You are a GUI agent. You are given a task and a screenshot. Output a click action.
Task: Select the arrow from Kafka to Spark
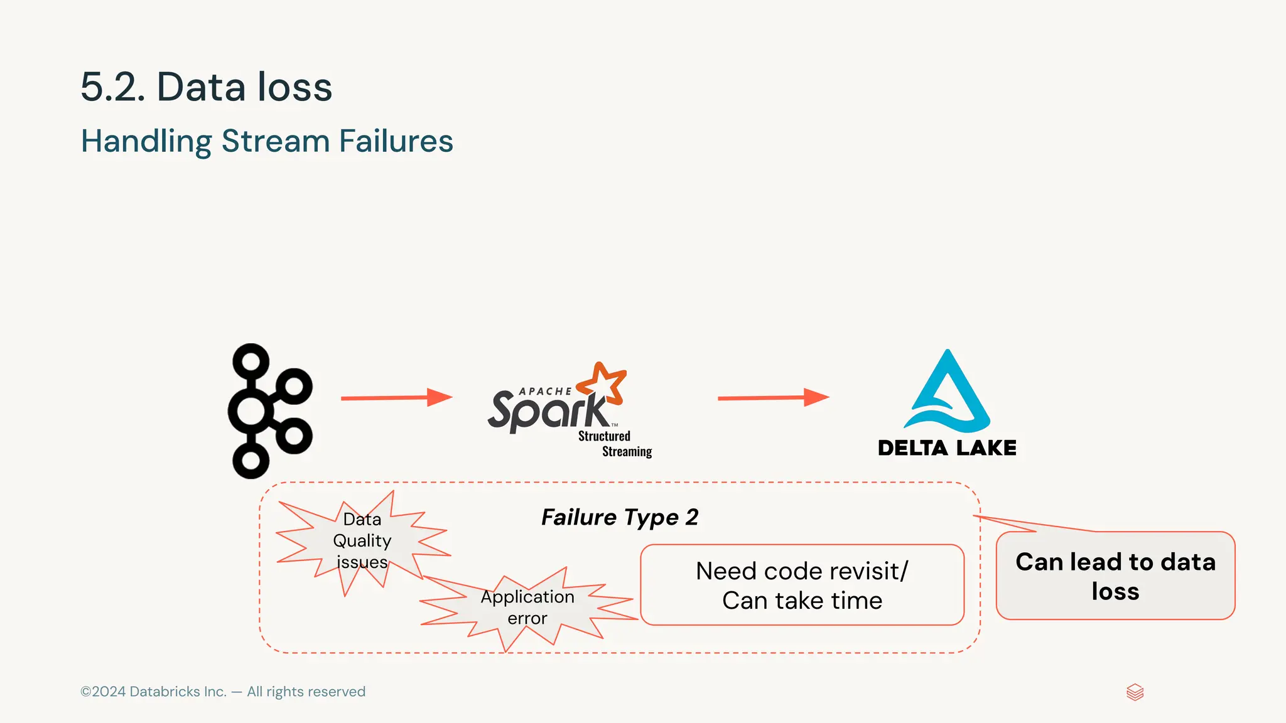pos(396,398)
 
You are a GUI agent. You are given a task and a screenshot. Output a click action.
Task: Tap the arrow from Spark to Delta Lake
pos(772,398)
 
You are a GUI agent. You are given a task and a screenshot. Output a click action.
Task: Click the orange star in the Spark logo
pos(603,382)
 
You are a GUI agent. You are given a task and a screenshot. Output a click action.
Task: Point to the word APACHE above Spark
pos(544,392)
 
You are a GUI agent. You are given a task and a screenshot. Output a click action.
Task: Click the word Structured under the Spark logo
pos(604,436)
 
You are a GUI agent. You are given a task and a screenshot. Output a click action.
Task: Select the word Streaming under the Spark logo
pos(627,452)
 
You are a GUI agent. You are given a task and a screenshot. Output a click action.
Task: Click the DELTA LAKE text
pos(947,448)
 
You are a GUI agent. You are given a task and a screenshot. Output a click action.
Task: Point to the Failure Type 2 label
pos(619,517)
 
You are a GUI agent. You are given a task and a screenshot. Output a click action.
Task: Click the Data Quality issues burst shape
pos(362,541)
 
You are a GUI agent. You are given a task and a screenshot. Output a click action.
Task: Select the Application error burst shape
pos(527,608)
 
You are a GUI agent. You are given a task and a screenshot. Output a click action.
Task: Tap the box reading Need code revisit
pos(802,585)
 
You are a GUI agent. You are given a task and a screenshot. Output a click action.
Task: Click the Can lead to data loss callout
pos(1115,576)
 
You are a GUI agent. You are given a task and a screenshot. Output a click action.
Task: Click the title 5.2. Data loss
pos(206,87)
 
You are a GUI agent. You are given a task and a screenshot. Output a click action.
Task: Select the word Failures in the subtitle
pos(396,141)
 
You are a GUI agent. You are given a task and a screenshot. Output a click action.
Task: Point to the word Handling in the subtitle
pos(146,141)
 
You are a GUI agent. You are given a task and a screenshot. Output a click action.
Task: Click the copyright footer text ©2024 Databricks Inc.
pos(222,692)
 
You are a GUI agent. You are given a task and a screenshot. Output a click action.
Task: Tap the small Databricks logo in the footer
pos(1135,692)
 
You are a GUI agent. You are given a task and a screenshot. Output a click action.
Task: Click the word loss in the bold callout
pos(1115,591)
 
